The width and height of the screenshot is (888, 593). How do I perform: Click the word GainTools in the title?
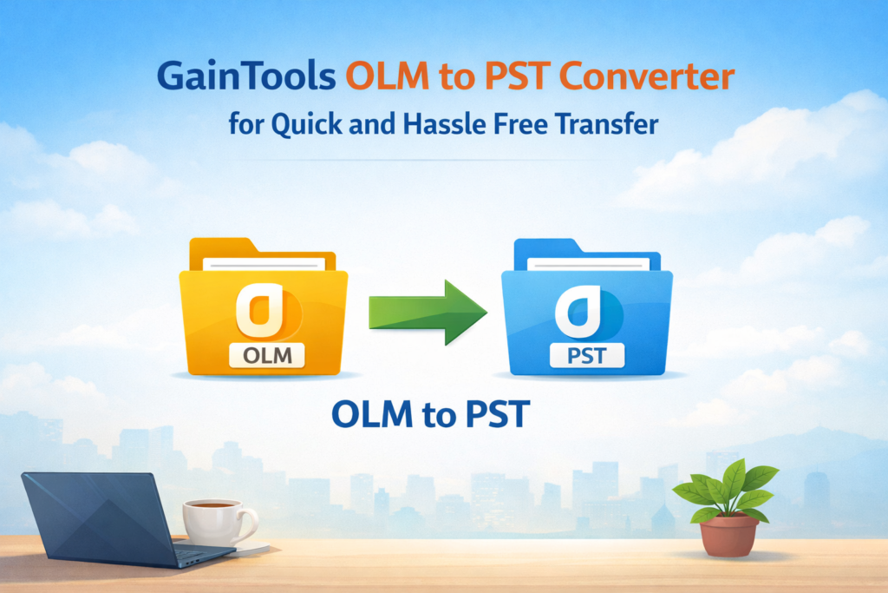coord(246,76)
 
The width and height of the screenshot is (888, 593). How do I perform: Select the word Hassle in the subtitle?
coord(444,124)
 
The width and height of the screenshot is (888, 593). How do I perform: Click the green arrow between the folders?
coord(428,313)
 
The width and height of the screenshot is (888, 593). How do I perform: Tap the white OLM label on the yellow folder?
coord(267,355)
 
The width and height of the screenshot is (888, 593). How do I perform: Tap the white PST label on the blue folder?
coord(587,355)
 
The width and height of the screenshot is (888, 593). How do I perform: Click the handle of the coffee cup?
coord(248,524)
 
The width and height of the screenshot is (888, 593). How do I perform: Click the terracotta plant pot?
coord(728,535)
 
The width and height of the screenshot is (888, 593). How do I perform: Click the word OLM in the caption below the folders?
coord(373,414)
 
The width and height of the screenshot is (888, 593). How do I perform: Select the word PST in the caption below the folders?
coord(498,414)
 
